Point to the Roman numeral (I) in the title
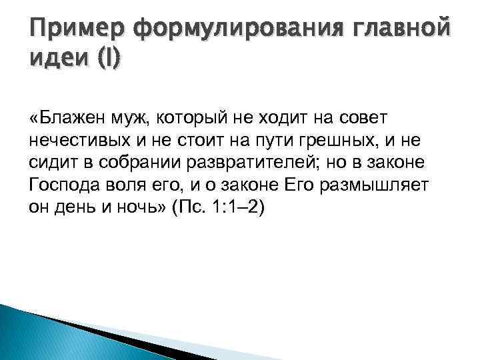(107, 62)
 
